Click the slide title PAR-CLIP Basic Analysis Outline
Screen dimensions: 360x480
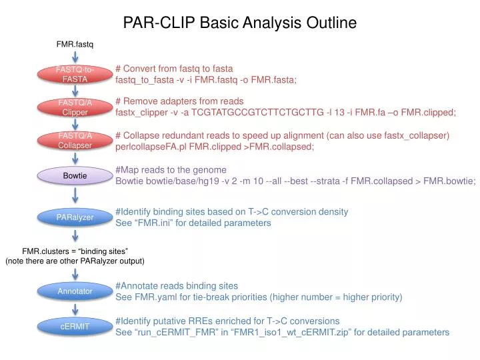point(240,23)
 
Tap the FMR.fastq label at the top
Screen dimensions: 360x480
point(75,44)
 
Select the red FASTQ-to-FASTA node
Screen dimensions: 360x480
point(75,74)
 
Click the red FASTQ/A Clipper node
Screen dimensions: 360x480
point(75,107)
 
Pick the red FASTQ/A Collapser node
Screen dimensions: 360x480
point(75,141)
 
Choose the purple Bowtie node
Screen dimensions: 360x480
point(75,175)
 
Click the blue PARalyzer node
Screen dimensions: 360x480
point(75,217)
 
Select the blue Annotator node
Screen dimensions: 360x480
point(75,291)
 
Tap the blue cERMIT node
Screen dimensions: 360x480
point(75,326)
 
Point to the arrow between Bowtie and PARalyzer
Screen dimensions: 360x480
point(75,196)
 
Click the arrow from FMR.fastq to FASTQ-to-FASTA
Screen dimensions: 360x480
point(75,57)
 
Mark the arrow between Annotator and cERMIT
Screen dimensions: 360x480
point(75,309)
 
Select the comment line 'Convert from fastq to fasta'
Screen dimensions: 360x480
point(174,69)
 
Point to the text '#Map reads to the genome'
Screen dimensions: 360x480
point(171,169)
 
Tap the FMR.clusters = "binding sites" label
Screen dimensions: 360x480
point(75,251)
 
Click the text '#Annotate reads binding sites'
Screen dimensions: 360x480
point(177,285)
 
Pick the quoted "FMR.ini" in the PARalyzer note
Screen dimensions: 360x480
point(155,223)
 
